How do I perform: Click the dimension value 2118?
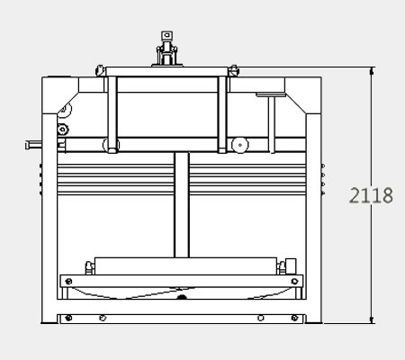coord(371,195)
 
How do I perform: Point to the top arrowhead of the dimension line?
coord(372,71)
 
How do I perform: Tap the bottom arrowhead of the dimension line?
coord(372,319)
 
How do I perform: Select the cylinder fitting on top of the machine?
coord(167,49)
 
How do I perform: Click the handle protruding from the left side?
coord(33,145)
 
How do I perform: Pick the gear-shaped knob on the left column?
coord(62,130)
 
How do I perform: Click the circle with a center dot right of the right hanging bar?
coord(240,145)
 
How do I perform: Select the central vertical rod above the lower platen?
coord(182,205)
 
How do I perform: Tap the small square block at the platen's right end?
coord(291,266)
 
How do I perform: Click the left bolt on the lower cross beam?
coord(68,282)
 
